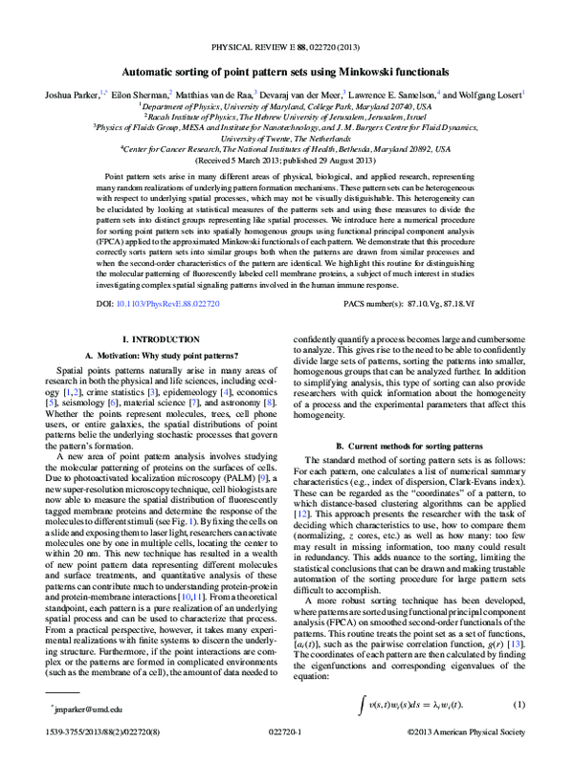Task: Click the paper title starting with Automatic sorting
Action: click(x=287, y=72)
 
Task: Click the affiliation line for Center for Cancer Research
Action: click(x=287, y=149)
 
